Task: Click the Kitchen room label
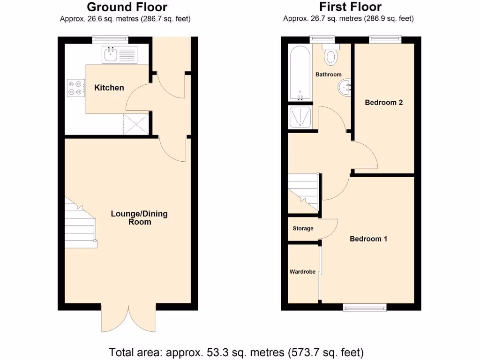109,88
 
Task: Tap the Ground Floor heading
127,7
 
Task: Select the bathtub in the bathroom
300,73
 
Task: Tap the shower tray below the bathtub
300,117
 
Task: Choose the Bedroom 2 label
384,102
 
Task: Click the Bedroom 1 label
368,239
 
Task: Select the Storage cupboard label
303,229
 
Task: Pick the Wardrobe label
302,271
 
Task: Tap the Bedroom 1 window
365,307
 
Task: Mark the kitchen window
110,40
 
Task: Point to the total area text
236,352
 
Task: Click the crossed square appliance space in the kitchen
136,124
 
